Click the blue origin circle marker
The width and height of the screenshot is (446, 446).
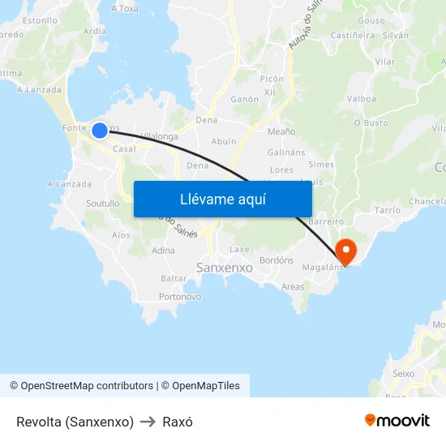(100, 130)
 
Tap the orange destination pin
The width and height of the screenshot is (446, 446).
(346, 251)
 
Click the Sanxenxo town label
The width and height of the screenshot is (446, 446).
(225, 267)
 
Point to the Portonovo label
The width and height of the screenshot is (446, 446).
(180, 297)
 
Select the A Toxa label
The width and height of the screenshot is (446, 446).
(124, 9)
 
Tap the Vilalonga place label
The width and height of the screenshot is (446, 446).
(159, 136)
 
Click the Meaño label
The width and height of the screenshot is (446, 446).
(281, 131)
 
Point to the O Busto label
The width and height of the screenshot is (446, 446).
(371, 123)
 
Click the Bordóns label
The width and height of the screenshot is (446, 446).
(277, 260)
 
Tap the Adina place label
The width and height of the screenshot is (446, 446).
(163, 251)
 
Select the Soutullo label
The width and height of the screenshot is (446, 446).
(102, 204)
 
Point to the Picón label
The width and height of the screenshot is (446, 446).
(272, 79)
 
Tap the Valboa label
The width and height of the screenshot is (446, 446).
(361, 99)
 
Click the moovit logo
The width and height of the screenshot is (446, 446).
(397, 421)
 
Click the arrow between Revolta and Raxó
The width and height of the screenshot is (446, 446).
(148, 422)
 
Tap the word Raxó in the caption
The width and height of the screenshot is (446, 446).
(178, 422)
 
